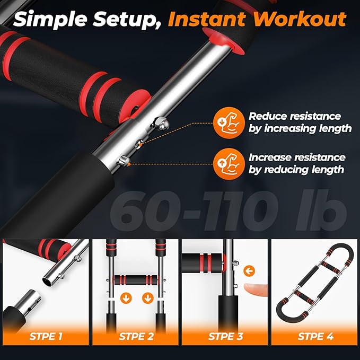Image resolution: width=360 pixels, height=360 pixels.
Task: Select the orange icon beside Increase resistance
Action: tap(224, 163)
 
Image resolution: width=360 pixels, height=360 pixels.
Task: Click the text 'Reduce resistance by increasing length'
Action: tap(300, 122)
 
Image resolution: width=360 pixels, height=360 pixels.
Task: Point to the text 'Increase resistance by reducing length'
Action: tap(297, 163)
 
